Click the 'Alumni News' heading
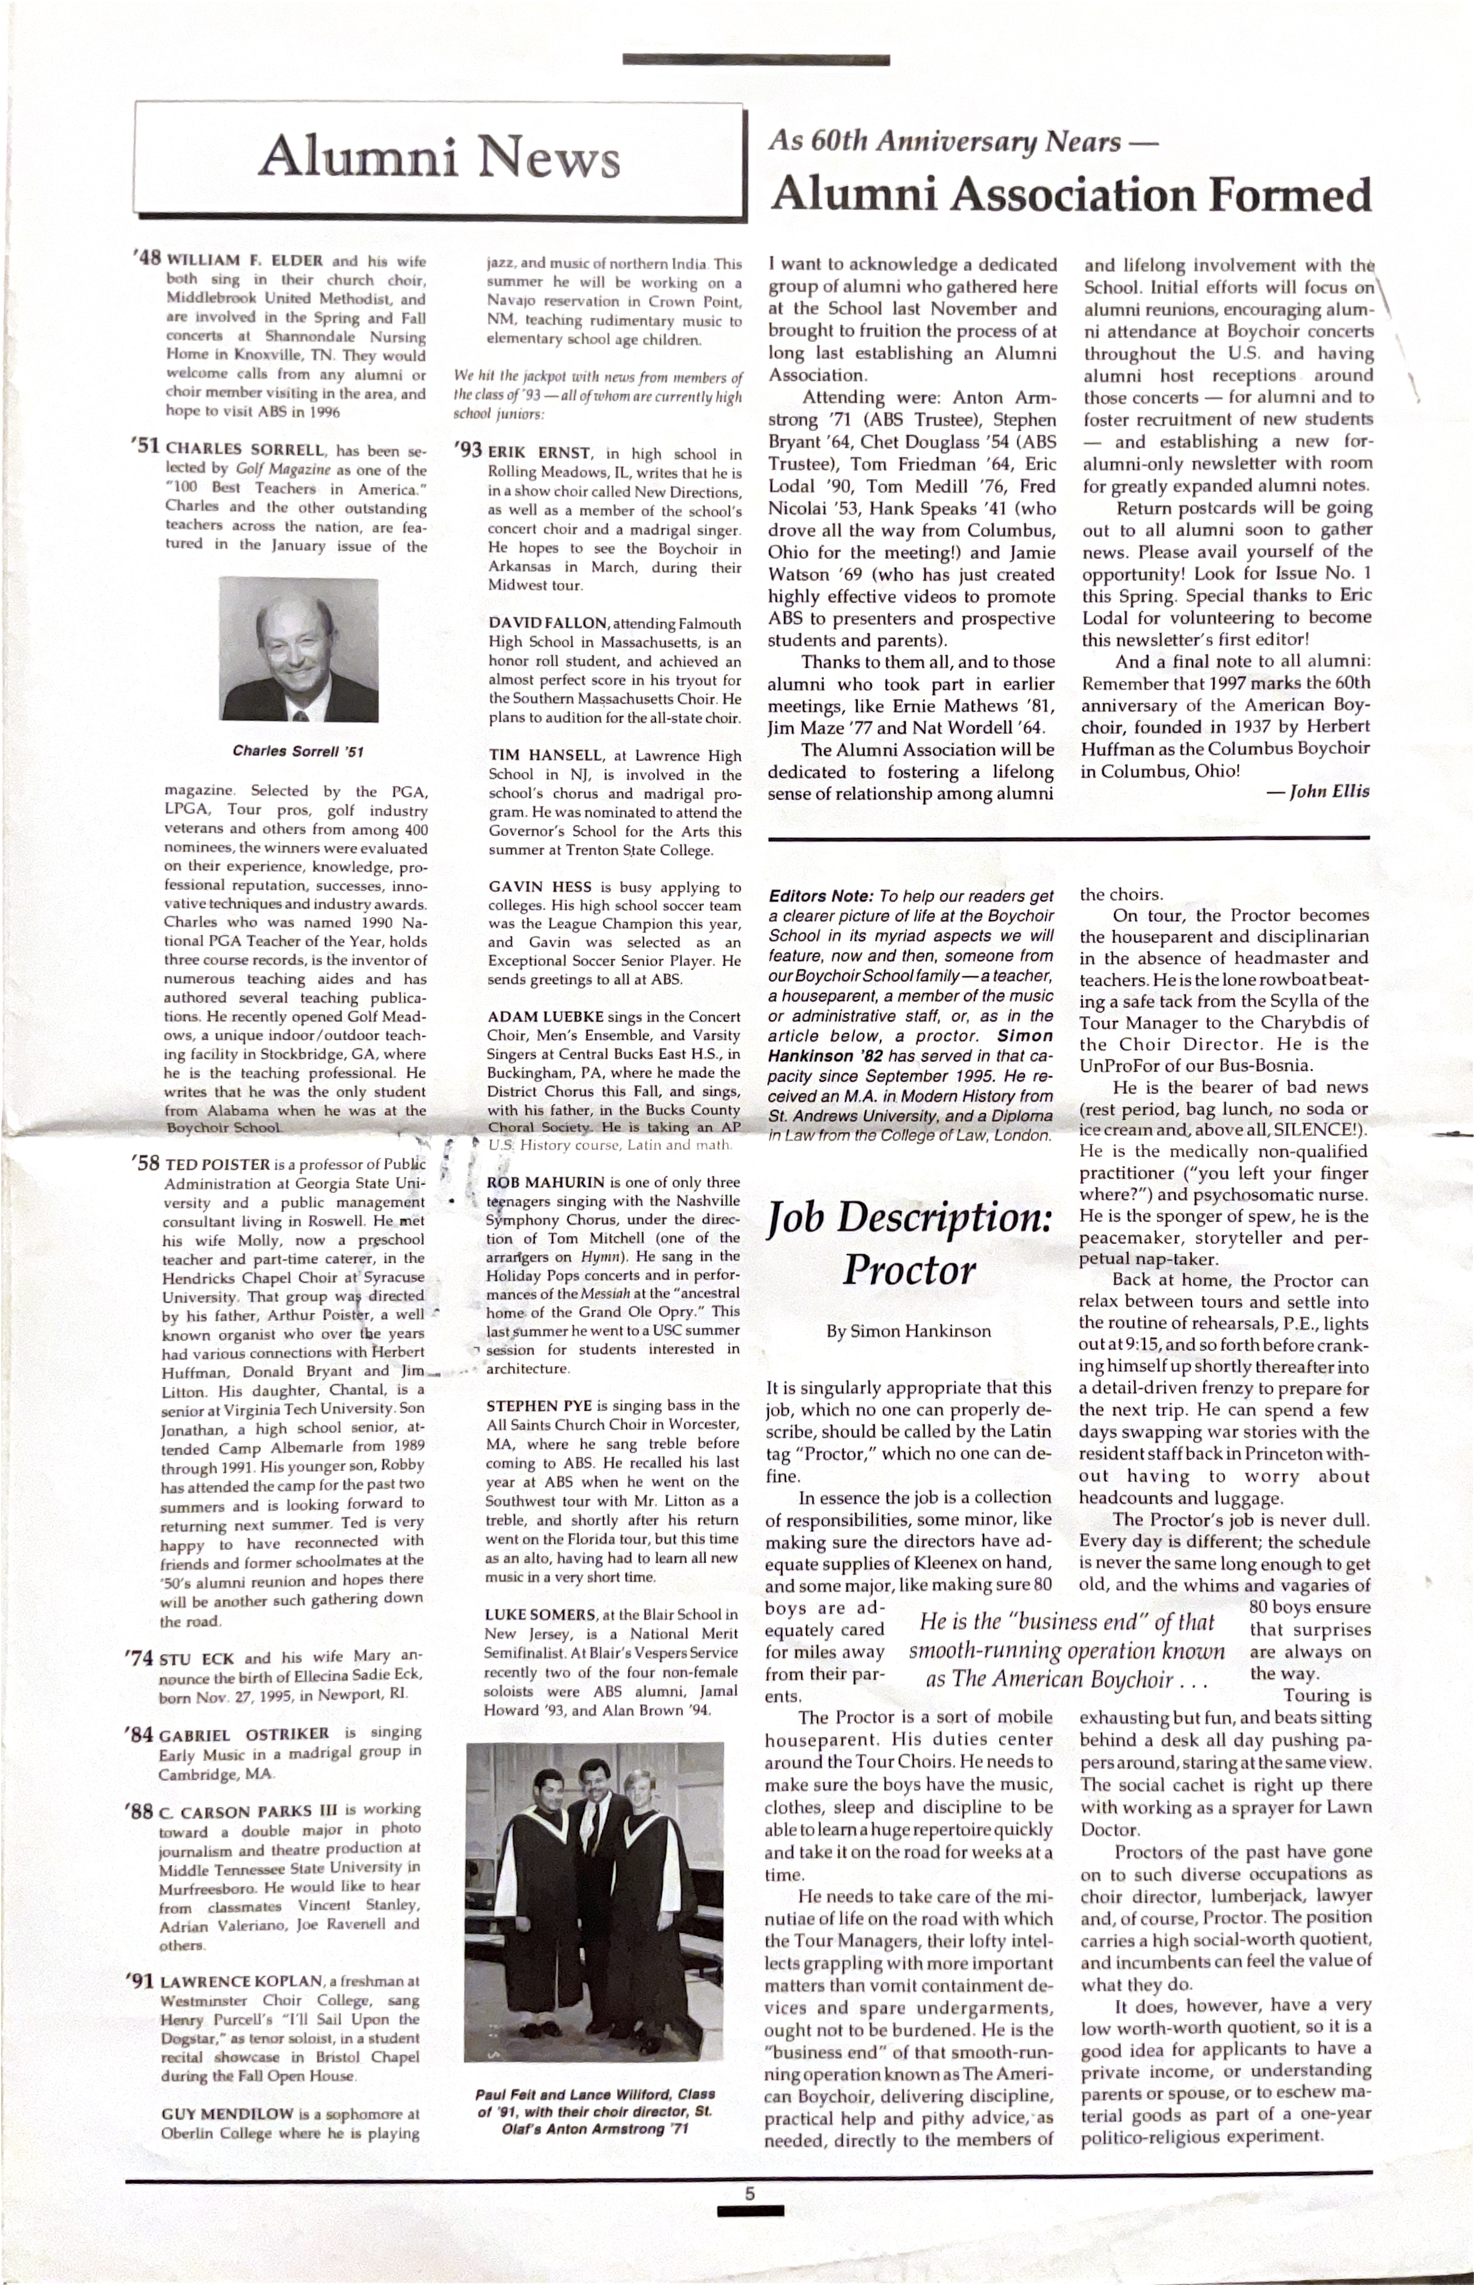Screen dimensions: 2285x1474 point(438,157)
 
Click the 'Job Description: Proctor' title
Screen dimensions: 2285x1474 point(909,1243)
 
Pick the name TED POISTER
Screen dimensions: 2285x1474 point(218,1165)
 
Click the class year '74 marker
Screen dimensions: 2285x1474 point(140,1657)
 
